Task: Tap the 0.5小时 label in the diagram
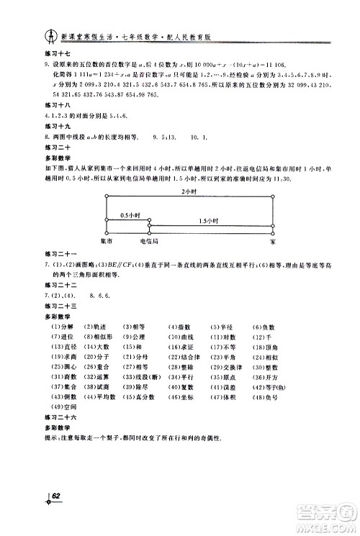click(x=130, y=215)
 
